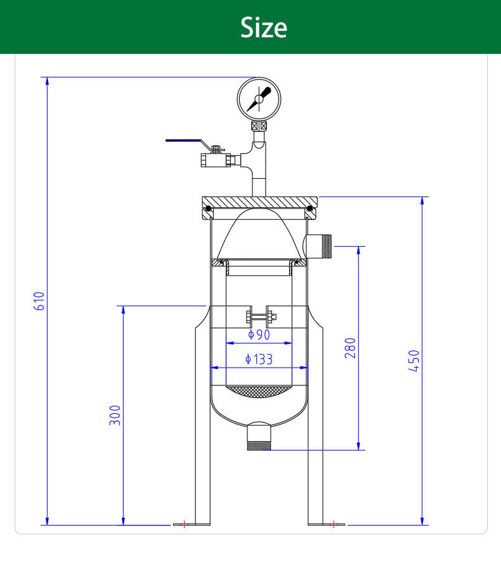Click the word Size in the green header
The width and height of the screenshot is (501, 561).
tap(263, 27)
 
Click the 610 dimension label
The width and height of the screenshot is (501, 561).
tap(39, 301)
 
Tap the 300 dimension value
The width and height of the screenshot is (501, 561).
tap(115, 415)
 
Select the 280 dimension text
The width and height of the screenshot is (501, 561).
tap(350, 348)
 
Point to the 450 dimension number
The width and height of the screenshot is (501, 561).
tap(413, 361)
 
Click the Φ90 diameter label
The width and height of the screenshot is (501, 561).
tap(259, 335)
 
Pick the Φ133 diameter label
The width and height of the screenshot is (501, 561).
tap(259, 359)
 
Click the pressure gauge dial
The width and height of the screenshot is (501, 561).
tap(259, 99)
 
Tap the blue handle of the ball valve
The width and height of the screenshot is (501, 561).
tap(183, 141)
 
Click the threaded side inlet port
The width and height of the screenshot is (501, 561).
tap(318, 246)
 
